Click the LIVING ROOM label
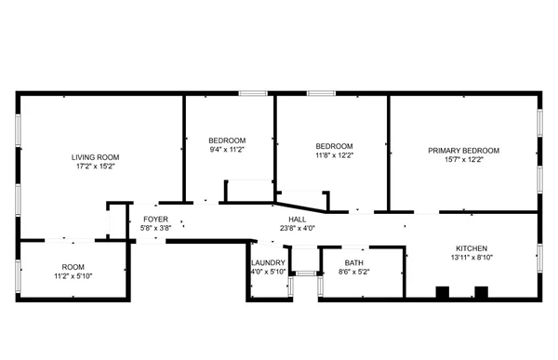point(96,157)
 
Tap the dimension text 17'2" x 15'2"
point(96,167)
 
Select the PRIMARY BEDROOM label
point(463,151)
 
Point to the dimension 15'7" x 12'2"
point(463,160)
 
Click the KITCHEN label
point(472,248)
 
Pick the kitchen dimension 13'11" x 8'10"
point(472,258)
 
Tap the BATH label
point(353,262)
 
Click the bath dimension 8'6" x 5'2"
point(353,272)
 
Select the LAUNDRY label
point(269,262)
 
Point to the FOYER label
point(155,219)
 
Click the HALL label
point(298,219)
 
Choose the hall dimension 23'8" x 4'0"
point(298,228)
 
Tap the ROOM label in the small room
point(73,267)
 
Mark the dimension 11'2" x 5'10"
point(73,276)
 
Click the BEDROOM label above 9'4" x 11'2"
point(227,140)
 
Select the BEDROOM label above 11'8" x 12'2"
point(334,146)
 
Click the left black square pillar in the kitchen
point(443,292)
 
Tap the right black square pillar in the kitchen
point(481,292)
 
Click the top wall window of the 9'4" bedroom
point(253,93)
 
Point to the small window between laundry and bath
point(306,273)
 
